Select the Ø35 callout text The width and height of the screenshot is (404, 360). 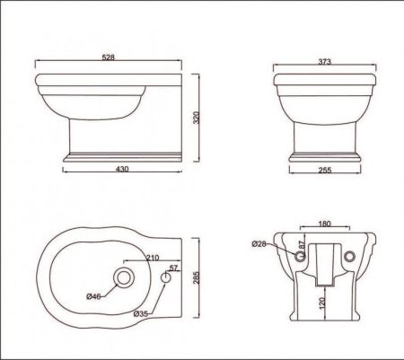pos(141,314)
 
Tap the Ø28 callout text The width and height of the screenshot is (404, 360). pos(259,243)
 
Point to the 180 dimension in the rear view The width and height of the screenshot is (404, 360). pos(324,222)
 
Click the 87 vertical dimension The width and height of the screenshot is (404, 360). pos(302,244)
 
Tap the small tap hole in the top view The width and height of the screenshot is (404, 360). pos(166,278)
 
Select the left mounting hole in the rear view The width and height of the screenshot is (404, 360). pos(299,258)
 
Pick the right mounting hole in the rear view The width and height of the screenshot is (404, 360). pos(350,258)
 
